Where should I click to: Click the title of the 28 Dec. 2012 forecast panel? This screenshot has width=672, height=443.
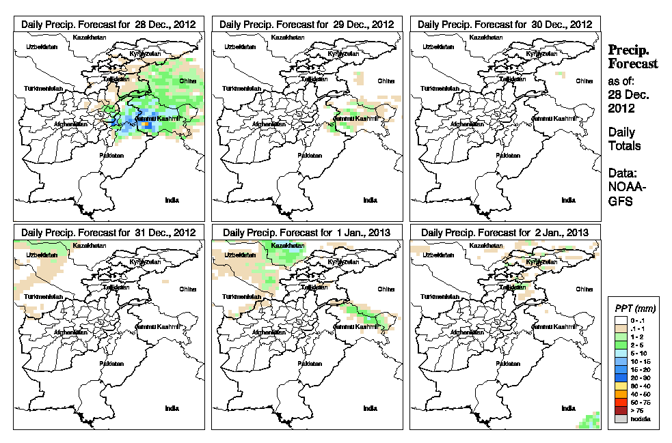coord(109,24)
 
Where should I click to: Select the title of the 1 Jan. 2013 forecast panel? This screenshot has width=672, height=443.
coord(307,233)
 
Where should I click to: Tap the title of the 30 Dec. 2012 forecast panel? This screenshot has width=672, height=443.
coord(505,24)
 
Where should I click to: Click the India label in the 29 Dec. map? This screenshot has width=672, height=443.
coord(370,200)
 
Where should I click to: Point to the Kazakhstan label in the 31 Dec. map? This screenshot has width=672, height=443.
coord(91,246)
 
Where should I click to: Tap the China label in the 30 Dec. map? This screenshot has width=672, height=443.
coord(584,81)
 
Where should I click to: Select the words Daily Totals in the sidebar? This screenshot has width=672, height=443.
coord(622,139)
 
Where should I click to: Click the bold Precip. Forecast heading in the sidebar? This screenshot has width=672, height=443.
coord(632,57)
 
